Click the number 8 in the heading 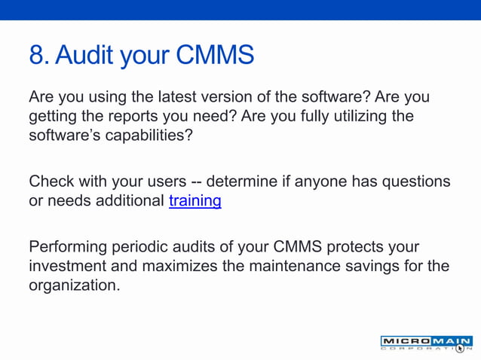click(x=36, y=56)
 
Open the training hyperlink click(x=195, y=201)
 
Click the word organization click(x=74, y=285)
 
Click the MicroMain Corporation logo click(x=426, y=343)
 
